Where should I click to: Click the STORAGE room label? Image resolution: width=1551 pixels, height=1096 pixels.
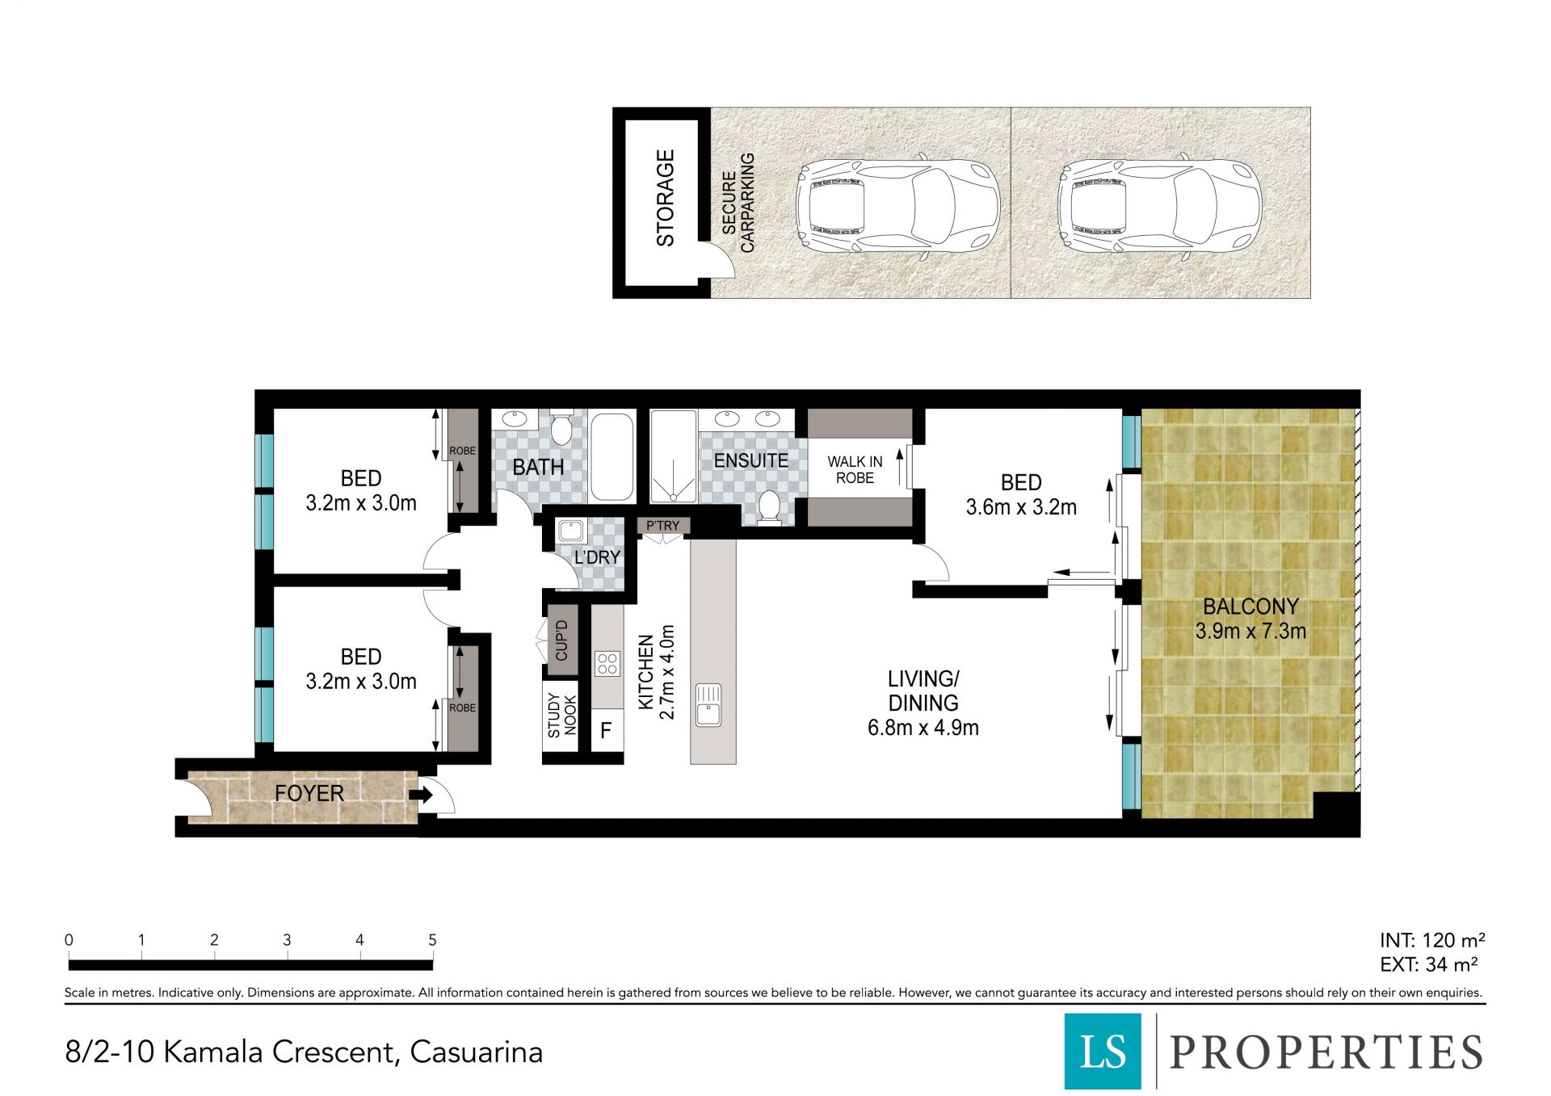pyautogui.click(x=665, y=199)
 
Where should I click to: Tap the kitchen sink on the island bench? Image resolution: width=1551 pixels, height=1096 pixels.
pyautogui.click(x=708, y=705)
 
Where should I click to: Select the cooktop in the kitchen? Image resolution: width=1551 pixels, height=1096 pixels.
pyautogui.click(x=607, y=664)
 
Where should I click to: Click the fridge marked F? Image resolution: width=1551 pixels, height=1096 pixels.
pyautogui.click(x=606, y=731)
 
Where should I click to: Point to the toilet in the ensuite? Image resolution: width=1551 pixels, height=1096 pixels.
pyautogui.click(x=769, y=508)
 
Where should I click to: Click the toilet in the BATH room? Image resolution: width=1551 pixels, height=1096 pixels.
pyautogui.click(x=561, y=428)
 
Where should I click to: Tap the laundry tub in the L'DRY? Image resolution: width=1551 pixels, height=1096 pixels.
pyautogui.click(x=571, y=532)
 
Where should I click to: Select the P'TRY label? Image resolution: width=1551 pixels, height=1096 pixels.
pyautogui.click(x=662, y=526)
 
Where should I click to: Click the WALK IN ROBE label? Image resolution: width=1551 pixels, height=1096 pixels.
pyautogui.click(x=855, y=469)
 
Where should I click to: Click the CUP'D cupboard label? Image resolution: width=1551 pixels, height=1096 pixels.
pyautogui.click(x=562, y=640)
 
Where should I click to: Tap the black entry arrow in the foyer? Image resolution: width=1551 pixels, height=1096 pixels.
pyautogui.click(x=421, y=795)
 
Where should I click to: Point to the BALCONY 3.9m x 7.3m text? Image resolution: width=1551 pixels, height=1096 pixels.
pyautogui.click(x=1250, y=619)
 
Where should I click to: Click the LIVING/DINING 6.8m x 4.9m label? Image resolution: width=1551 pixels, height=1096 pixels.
pyautogui.click(x=923, y=703)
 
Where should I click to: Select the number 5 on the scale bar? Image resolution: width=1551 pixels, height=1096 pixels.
pyautogui.click(x=432, y=940)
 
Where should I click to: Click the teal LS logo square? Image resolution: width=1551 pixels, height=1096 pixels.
pyautogui.click(x=1103, y=1051)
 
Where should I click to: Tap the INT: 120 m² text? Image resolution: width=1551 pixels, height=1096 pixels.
pyautogui.click(x=1432, y=940)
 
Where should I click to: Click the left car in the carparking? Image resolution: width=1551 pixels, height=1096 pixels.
pyautogui.click(x=898, y=207)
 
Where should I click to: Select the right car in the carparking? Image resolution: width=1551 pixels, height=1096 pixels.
pyautogui.click(x=1159, y=207)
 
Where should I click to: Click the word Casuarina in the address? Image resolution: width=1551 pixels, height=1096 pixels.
pyautogui.click(x=477, y=1052)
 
